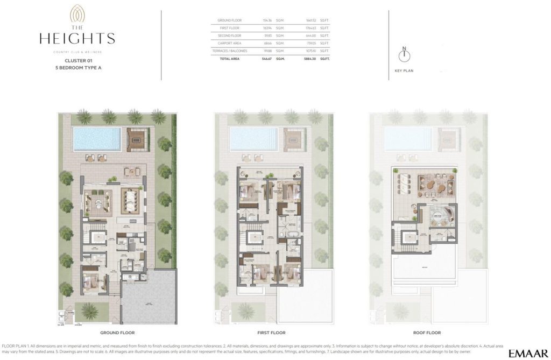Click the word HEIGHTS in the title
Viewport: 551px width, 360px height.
[77, 38]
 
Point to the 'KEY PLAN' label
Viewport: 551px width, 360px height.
[404, 70]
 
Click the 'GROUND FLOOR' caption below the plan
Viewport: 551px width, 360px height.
[117, 333]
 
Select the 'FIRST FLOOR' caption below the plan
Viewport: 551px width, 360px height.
[272, 333]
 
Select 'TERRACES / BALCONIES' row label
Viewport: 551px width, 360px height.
[232, 50]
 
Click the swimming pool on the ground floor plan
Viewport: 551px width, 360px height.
[97, 138]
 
